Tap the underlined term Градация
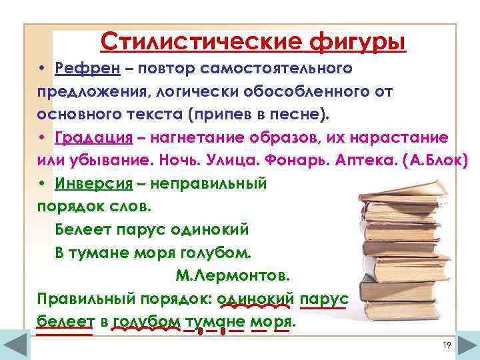pyautogui.click(x=93, y=137)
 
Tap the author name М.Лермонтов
pyautogui.click(x=233, y=275)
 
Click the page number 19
pyautogui.click(x=447, y=344)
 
